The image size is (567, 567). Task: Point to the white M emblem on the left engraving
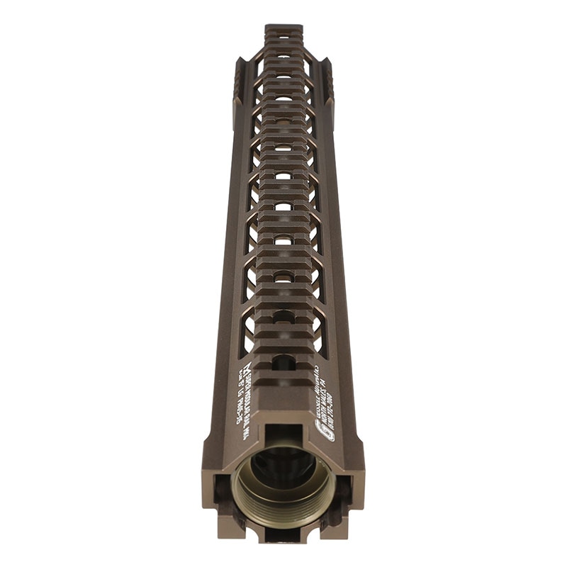pos(247,369)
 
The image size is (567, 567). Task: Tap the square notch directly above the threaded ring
pos(283,434)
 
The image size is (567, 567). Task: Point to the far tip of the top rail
pos(283,29)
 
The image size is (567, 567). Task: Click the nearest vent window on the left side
pos(249,333)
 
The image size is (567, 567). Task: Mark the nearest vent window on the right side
pos(318,333)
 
